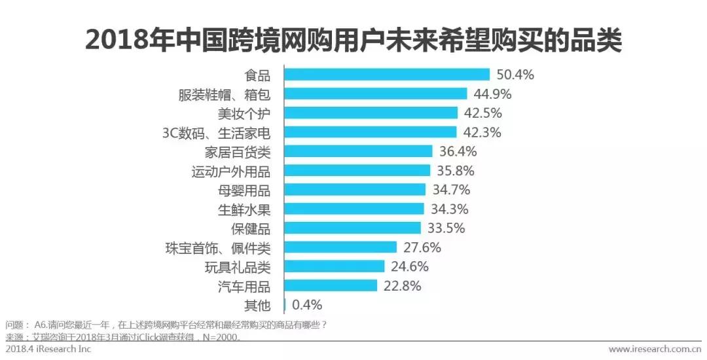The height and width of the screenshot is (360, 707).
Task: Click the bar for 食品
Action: point(386,75)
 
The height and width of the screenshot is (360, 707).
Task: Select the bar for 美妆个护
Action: point(370,113)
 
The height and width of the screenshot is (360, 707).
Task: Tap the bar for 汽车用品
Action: point(331,286)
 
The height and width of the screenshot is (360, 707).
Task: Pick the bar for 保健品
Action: point(352,228)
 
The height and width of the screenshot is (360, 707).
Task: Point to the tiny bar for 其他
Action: point(285,305)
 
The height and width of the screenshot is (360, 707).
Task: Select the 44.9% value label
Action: point(492,94)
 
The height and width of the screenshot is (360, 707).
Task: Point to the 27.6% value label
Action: point(422,247)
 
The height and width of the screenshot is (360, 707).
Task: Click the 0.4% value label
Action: point(307,305)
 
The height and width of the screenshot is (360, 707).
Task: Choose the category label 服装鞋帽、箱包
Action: point(224,94)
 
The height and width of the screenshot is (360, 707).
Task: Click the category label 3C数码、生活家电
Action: point(216,133)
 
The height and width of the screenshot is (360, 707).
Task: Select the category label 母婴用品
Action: point(244,190)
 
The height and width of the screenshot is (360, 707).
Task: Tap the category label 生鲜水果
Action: point(244,209)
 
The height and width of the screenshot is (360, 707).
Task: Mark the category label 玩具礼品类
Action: point(237,267)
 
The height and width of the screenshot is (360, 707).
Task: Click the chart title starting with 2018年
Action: point(353,41)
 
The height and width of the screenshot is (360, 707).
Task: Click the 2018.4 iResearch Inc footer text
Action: point(48,350)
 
